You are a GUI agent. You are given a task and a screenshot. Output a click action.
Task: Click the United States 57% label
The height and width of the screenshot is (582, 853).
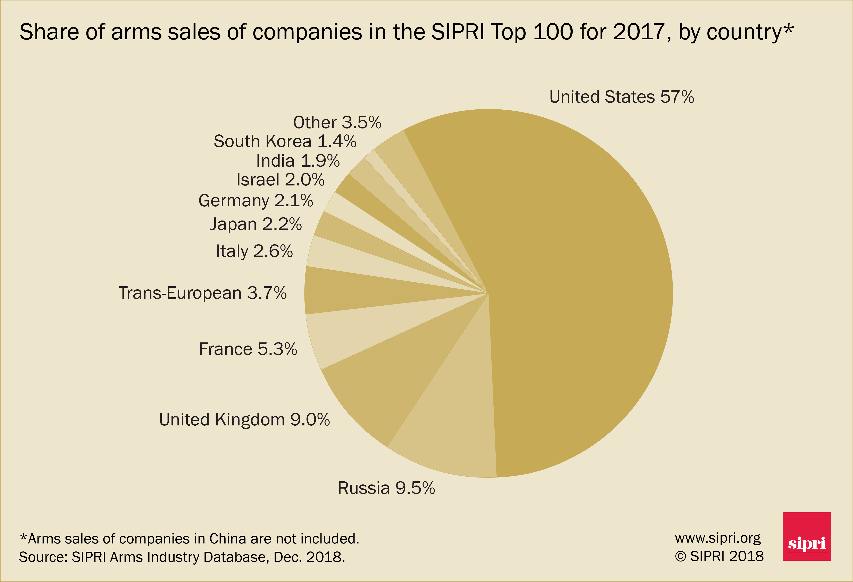click(x=621, y=97)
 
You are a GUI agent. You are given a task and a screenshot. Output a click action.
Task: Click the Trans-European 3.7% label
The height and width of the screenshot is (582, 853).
click(x=202, y=293)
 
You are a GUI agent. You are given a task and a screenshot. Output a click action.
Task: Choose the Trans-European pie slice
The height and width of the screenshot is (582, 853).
click(x=349, y=292)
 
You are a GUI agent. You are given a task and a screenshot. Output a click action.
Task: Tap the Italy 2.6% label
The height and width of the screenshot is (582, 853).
click(x=254, y=251)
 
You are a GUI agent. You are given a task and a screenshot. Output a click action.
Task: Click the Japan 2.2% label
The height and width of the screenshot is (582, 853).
click(x=256, y=224)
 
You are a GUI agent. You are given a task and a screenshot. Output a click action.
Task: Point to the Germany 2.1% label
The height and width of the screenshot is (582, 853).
click(x=256, y=200)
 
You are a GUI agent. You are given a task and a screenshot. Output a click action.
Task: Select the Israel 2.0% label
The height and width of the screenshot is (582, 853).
click(x=281, y=180)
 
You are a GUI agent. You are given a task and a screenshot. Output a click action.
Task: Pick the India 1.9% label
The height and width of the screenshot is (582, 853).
click(x=298, y=160)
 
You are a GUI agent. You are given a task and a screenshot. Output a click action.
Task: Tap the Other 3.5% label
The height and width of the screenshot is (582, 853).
click(x=337, y=122)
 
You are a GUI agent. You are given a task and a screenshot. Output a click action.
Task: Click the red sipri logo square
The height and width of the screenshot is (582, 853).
click(x=806, y=537)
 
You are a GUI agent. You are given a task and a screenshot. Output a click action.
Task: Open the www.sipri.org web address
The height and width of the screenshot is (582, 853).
click(x=718, y=538)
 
